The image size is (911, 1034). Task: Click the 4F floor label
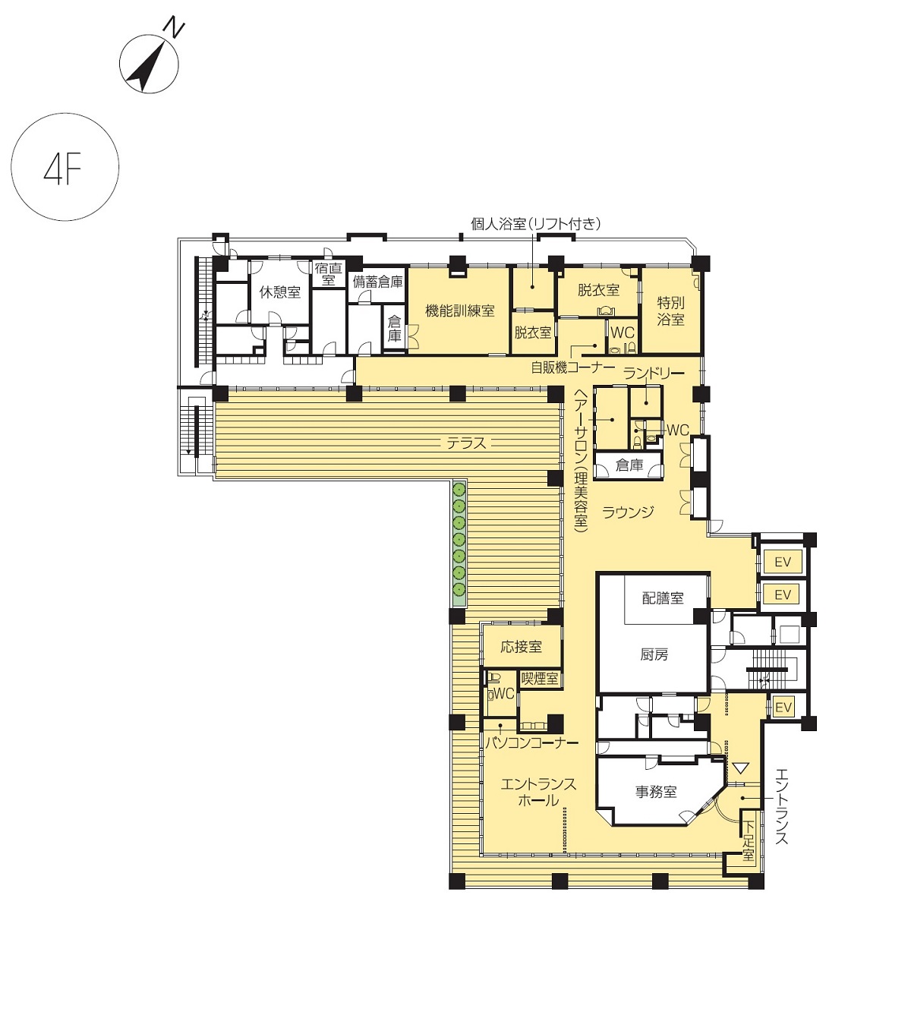pyautogui.click(x=63, y=168)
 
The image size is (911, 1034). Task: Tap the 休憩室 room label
pyautogui.click(x=279, y=292)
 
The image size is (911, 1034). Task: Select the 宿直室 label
pyautogui.click(x=329, y=274)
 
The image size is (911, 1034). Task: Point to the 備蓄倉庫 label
pyautogui.click(x=377, y=282)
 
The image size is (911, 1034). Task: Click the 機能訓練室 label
pyautogui.click(x=460, y=311)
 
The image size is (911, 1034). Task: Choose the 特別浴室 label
pyautogui.click(x=670, y=311)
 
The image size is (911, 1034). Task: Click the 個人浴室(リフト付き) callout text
pyautogui.click(x=535, y=224)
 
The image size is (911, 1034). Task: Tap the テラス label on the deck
pyautogui.click(x=466, y=443)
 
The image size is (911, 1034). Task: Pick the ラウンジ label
pyautogui.click(x=628, y=512)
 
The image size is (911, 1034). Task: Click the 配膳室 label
pyautogui.click(x=663, y=598)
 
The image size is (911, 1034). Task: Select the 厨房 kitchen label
pyautogui.click(x=654, y=654)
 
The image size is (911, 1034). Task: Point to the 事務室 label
pyautogui.click(x=656, y=792)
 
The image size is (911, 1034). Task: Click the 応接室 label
pyautogui.click(x=521, y=647)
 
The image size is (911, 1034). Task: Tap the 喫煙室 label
pyautogui.click(x=540, y=678)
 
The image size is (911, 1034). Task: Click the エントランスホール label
pyautogui.click(x=538, y=792)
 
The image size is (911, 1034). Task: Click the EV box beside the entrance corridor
pyautogui.click(x=783, y=707)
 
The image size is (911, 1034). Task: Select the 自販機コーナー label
pyautogui.click(x=572, y=367)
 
